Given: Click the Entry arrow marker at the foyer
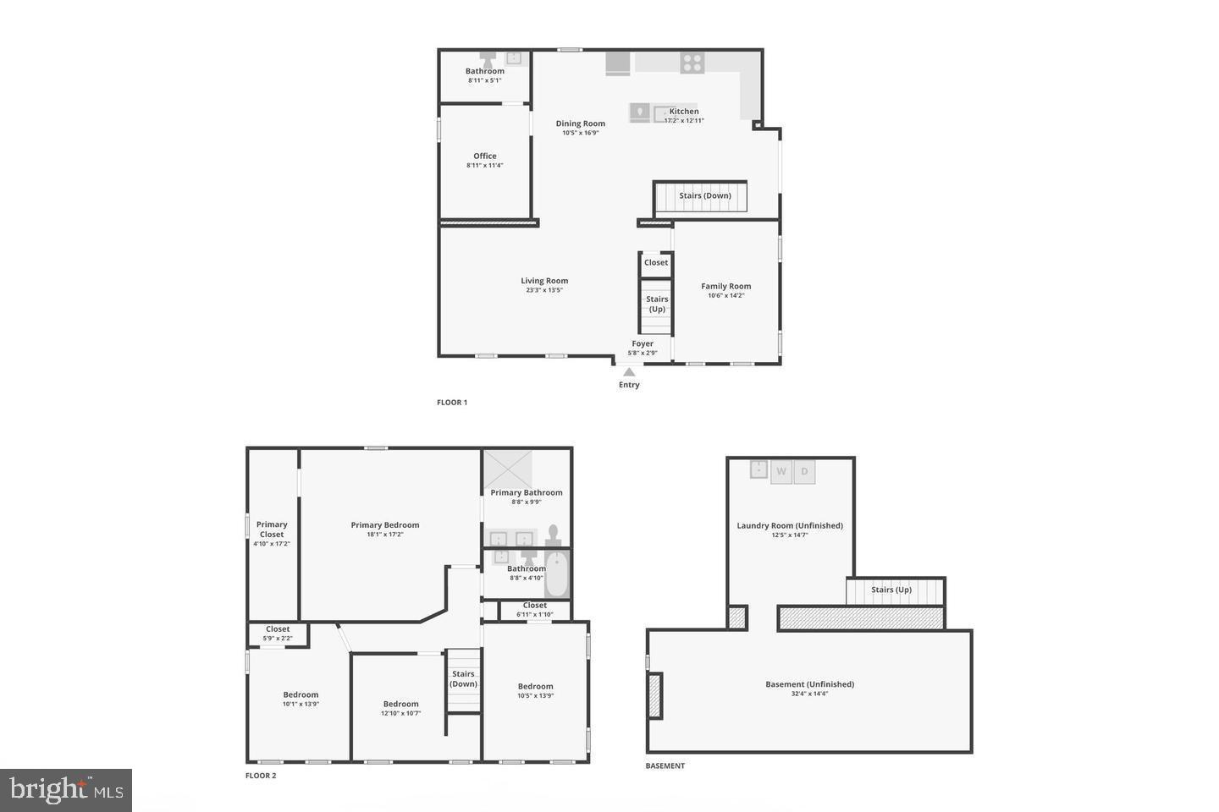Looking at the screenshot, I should pyautogui.click(x=628, y=371).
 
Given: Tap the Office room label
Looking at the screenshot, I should pyautogui.click(x=485, y=156).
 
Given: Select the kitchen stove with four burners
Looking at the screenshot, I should pyautogui.click(x=692, y=62).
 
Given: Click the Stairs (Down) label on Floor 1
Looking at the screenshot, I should pyautogui.click(x=704, y=196).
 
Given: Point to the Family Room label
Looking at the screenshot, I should pyautogui.click(x=725, y=287).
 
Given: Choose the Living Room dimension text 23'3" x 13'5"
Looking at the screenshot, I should pyautogui.click(x=544, y=290).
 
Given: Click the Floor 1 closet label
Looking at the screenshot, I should pyautogui.click(x=656, y=263).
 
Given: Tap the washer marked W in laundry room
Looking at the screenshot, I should pyautogui.click(x=781, y=472).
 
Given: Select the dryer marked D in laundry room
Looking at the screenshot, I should pyautogui.click(x=804, y=472).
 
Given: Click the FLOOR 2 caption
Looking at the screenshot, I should pyautogui.click(x=261, y=776).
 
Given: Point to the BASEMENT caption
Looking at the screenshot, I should pyautogui.click(x=665, y=766).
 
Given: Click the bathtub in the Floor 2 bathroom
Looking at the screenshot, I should pyautogui.click(x=556, y=574).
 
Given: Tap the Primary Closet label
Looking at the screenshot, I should pyautogui.click(x=272, y=529).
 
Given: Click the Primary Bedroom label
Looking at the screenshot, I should pyautogui.click(x=385, y=525).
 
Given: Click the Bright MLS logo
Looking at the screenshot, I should pyautogui.click(x=66, y=790).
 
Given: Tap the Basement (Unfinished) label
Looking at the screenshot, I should pyautogui.click(x=809, y=684).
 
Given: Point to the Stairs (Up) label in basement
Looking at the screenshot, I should pyautogui.click(x=891, y=590).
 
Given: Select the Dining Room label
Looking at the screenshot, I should pyautogui.click(x=581, y=123).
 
